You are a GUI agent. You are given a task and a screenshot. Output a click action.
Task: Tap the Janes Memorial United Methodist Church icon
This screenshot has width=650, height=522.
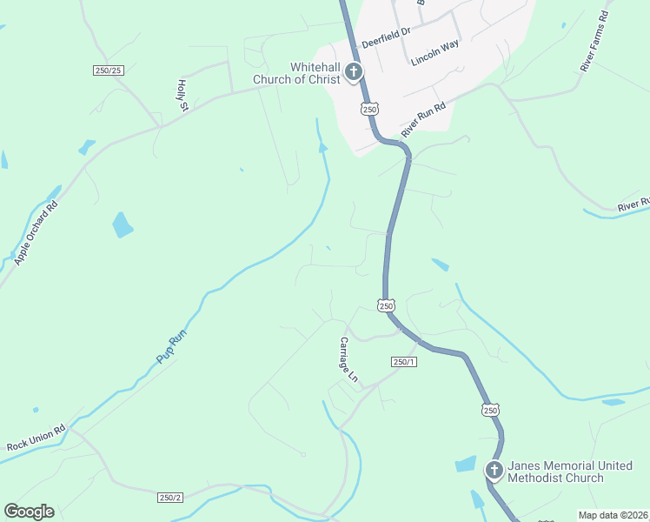(x=494, y=472)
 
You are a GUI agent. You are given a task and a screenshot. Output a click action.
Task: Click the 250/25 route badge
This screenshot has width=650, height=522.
(x=109, y=70)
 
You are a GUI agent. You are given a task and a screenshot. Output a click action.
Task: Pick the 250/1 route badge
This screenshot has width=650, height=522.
(x=404, y=362)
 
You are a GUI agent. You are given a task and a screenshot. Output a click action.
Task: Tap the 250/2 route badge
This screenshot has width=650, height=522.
(x=171, y=497)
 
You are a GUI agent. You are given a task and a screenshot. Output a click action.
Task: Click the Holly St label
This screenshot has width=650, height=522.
(x=182, y=95)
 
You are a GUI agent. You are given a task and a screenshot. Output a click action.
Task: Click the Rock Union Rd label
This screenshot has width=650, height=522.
(x=36, y=437)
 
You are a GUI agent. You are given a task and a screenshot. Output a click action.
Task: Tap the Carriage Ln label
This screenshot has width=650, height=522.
(x=348, y=359)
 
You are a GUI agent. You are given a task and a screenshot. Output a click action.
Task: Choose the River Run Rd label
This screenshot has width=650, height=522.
(x=423, y=119)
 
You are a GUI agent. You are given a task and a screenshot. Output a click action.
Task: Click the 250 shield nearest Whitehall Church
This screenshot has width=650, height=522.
(x=369, y=109)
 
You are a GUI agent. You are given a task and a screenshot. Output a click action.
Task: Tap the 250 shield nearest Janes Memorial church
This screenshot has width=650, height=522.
(x=490, y=410)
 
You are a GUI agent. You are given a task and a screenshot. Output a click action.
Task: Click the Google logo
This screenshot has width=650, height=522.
(x=29, y=512)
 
